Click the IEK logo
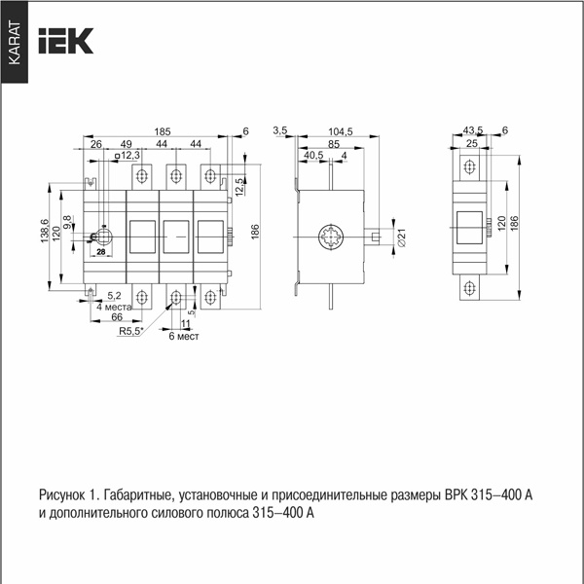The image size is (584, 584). coord(66,41)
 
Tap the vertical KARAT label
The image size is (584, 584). coord(15,43)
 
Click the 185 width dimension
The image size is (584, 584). coord(163,131)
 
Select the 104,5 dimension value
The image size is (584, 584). coord(341,131)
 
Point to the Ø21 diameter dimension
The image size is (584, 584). coord(401,237)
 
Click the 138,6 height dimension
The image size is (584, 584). coord(45,231)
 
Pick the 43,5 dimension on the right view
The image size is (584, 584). coord(473,130)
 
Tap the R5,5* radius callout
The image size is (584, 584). coord(131,331)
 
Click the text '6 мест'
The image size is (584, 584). coord(184,337)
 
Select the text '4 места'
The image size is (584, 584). coord(114,307)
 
